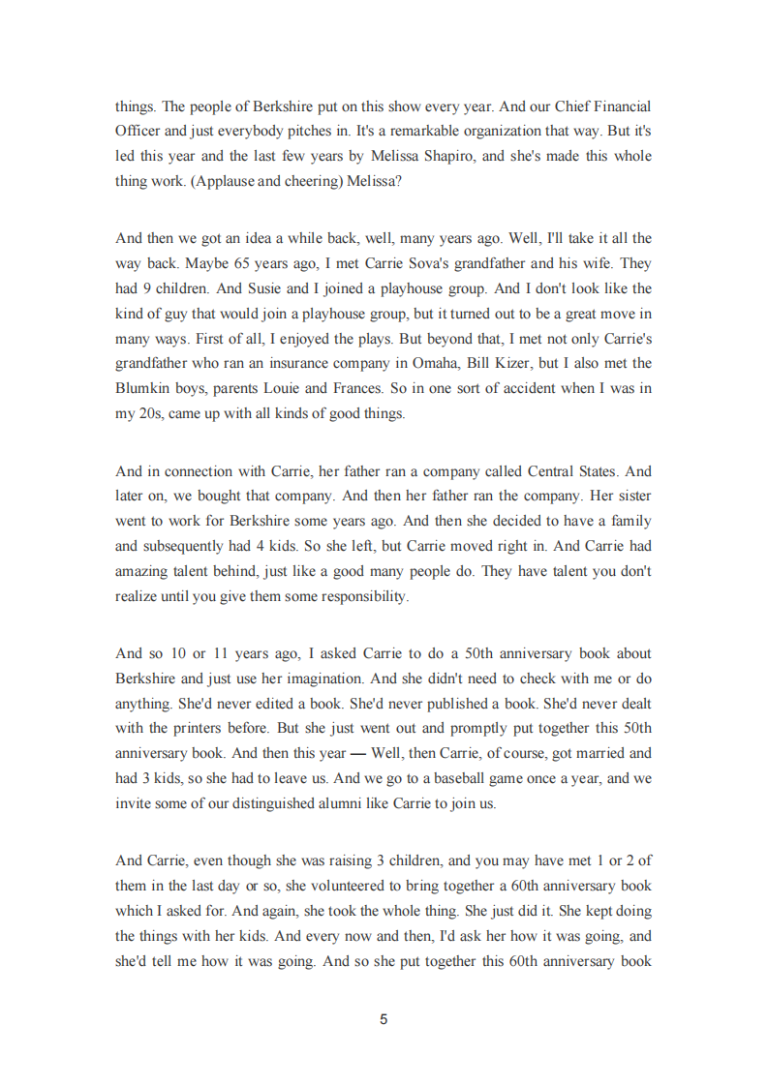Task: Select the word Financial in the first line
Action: tap(618, 106)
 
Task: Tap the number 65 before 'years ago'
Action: tap(243, 262)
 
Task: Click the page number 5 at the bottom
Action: tap(384, 1018)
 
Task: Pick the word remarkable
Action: tap(373, 131)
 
